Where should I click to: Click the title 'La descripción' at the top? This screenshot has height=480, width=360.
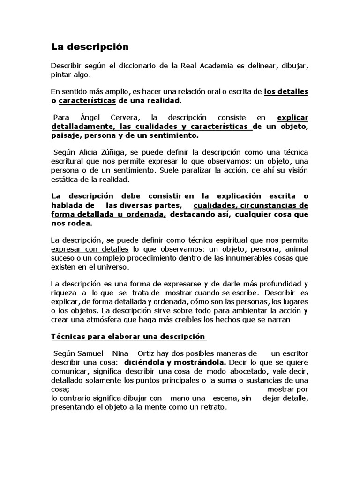(90, 47)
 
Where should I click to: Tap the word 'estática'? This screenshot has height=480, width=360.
(65, 179)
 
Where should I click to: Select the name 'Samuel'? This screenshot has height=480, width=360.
(91, 353)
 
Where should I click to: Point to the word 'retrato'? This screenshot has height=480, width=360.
(211, 407)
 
